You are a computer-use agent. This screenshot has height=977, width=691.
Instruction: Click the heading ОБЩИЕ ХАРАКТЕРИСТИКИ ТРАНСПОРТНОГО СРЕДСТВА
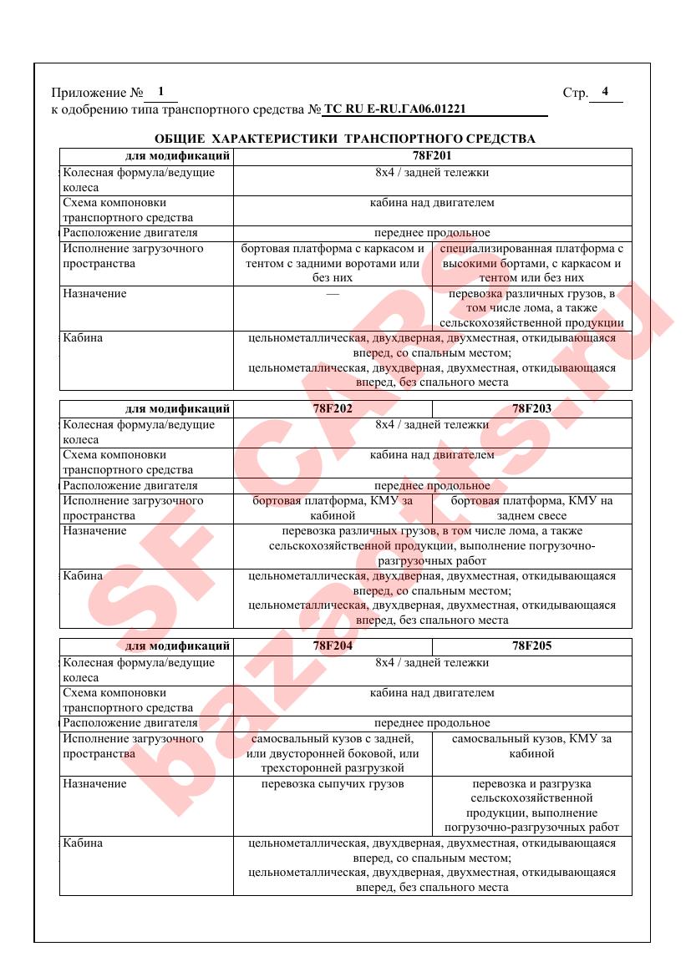tap(345, 139)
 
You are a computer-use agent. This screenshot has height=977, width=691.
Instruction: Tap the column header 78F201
tap(432, 155)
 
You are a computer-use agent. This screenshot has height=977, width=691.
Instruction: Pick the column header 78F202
tap(333, 409)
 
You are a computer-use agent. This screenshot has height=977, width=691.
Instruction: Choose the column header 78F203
tap(532, 409)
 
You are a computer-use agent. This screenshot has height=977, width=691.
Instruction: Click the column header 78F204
tap(333, 645)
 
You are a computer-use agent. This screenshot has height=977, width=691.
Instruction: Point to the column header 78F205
tap(532, 645)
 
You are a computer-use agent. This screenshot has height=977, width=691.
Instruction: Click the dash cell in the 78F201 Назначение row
tap(333, 294)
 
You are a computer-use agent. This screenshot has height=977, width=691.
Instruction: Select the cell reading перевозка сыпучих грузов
tap(333, 783)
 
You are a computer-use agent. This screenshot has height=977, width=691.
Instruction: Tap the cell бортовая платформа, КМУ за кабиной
tap(333, 508)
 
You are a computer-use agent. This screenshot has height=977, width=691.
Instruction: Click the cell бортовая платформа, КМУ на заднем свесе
tap(532, 508)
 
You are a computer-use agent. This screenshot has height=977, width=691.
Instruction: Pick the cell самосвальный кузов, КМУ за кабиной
tap(532, 746)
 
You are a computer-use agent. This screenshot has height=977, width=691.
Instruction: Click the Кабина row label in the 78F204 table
tap(84, 843)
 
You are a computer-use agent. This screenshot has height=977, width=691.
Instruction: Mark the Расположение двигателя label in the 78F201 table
tap(130, 233)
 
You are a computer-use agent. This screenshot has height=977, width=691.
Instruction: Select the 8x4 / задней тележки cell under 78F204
tap(432, 662)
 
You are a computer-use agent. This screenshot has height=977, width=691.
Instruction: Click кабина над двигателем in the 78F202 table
tap(432, 455)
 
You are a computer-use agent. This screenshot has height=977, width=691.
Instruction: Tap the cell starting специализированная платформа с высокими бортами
tap(532, 263)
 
